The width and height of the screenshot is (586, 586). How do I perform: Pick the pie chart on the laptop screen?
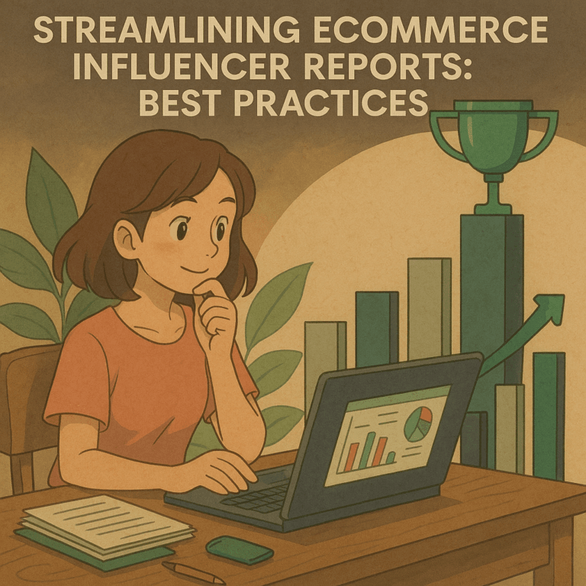(x=418, y=423)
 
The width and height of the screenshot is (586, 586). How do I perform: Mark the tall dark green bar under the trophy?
(x=491, y=305)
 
